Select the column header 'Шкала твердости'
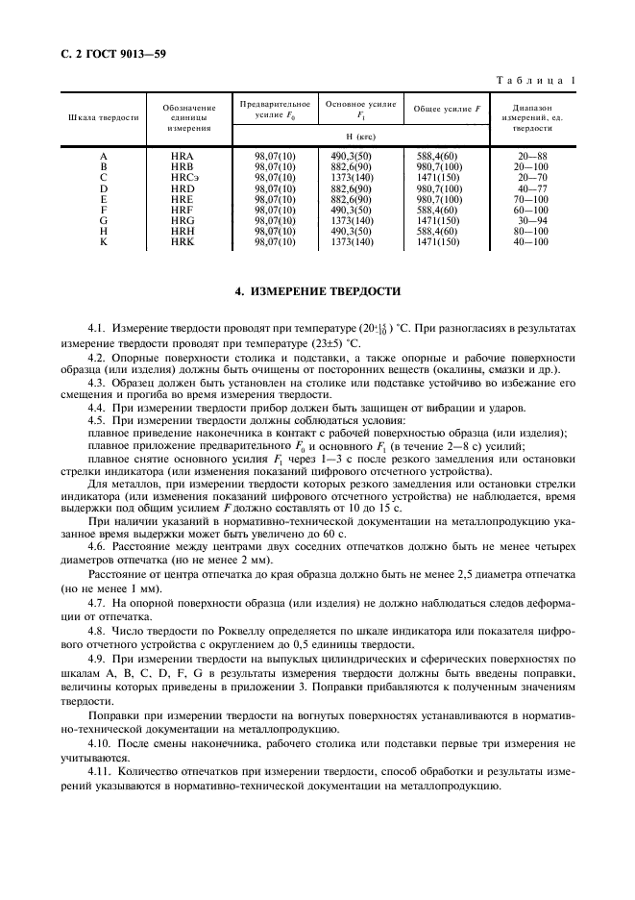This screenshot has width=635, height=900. pos(103,117)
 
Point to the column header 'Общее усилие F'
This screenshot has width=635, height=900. pos(445,109)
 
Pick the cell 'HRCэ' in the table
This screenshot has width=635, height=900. pos(183,178)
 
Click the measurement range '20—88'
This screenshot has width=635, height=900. pos(530,155)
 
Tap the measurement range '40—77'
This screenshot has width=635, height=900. pos(530,188)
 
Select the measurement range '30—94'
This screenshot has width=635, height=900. pos(530,222)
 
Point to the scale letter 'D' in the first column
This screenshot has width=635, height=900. pos(103,188)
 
